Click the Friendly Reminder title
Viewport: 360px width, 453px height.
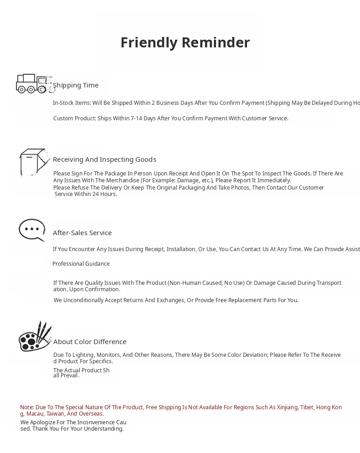tap(185, 42)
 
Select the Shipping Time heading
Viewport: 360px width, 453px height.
tap(76, 85)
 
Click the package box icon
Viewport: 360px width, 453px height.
tap(34, 162)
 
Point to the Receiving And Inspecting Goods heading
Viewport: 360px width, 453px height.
tap(104, 160)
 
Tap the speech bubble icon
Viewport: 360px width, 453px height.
tap(32, 230)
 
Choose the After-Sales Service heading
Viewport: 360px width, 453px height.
tap(82, 233)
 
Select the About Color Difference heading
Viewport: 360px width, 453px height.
tap(90, 342)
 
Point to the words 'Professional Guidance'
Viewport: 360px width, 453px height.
tap(81, 264)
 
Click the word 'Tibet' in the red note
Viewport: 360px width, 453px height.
tap(307, 407)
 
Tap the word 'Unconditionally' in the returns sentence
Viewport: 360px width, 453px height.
tap(83, 300)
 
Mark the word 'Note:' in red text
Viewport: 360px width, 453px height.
tap(27, 407)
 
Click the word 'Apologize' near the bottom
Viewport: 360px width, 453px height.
tap(45, 422)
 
